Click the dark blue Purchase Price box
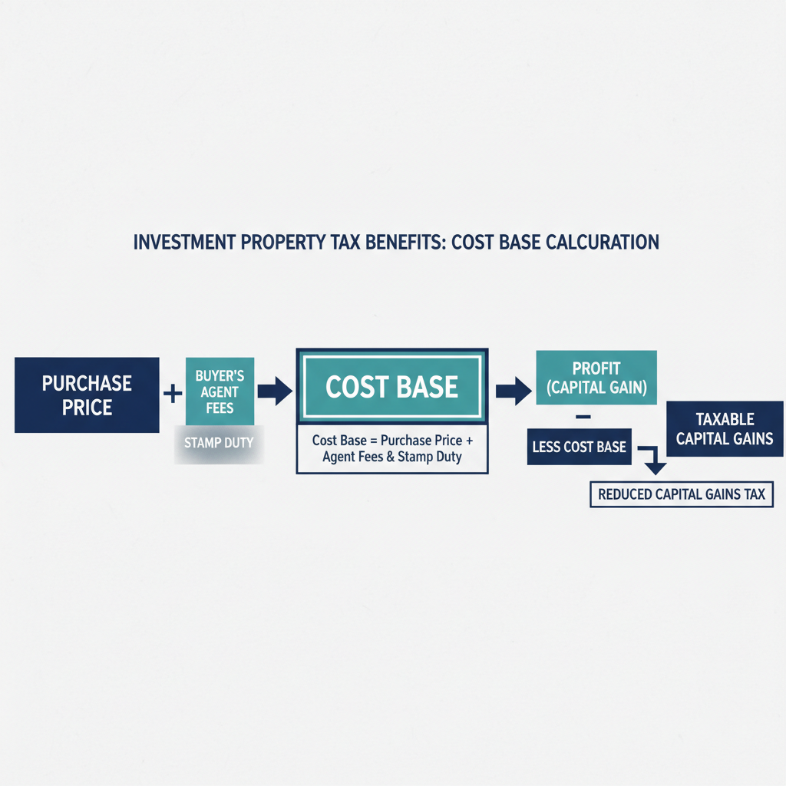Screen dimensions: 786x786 [x=87, y=395]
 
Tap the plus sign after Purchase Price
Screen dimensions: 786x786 [x=173, y=394]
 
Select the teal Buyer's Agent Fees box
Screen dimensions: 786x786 [x=220, y=391]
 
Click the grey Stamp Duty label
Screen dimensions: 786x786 [x=220, y=443]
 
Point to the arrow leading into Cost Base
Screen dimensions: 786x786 [x=275, y=391]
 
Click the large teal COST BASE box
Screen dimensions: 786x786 [x=391, y=386]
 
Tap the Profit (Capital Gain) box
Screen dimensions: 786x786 [x=596, y=378]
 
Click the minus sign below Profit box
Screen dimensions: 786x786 [x=581, y=417]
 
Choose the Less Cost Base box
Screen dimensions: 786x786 [x=580, y=447]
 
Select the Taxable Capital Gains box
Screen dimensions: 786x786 [x=725, y=429]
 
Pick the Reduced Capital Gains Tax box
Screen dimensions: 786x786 [x=682, y=494]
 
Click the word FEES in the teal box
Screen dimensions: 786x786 [x=220, y=408]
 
